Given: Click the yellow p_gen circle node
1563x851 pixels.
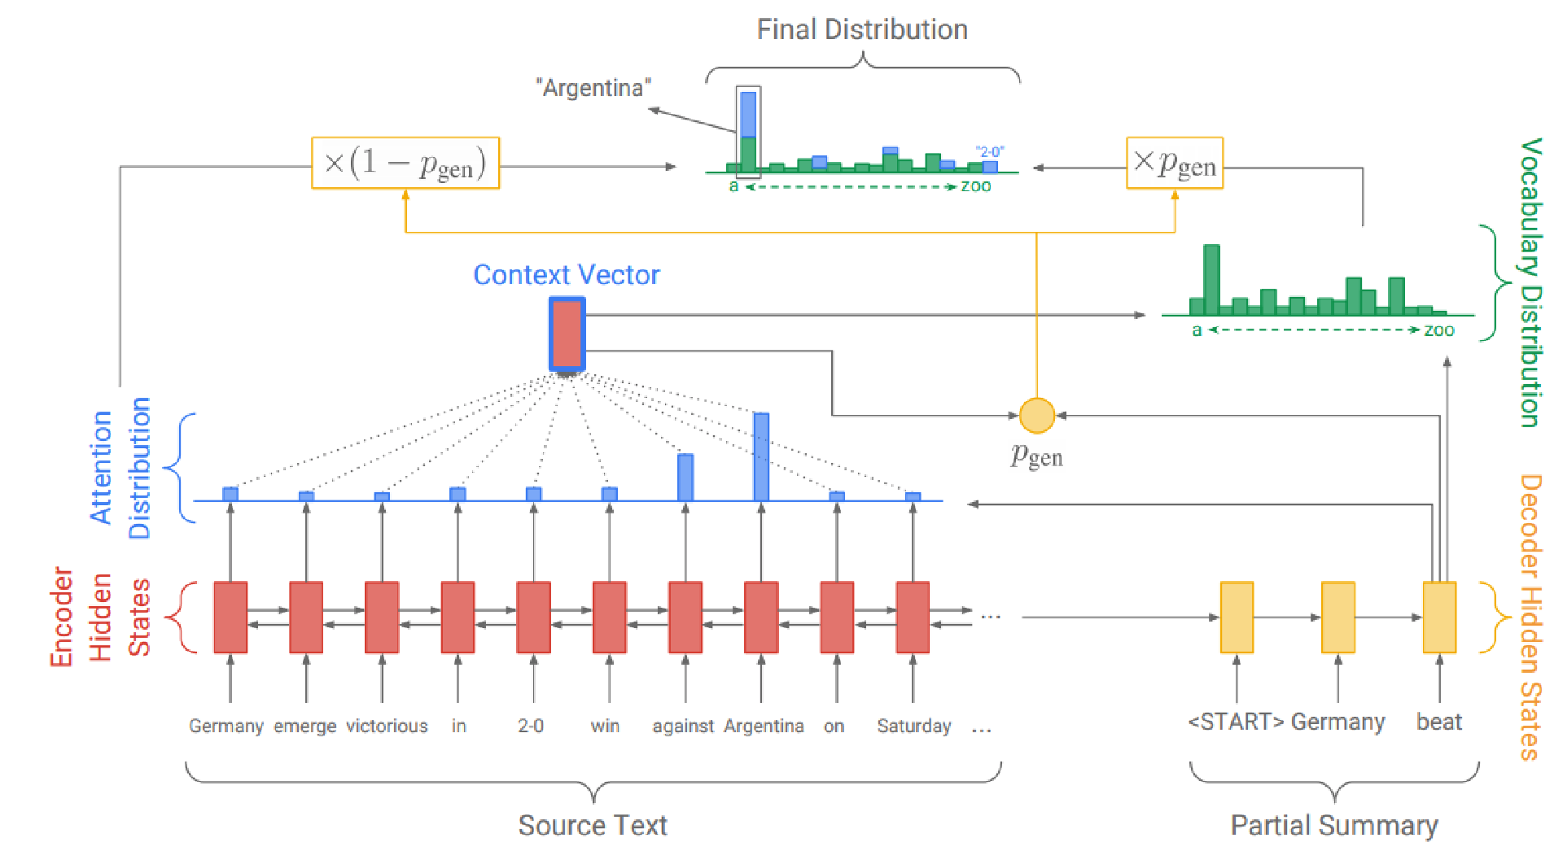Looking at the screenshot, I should click(x=1036, y=415).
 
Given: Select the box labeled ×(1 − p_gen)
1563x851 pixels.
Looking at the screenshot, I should click(x=405, y=163).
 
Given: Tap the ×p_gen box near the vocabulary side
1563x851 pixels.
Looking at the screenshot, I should click(x=1174, y=164).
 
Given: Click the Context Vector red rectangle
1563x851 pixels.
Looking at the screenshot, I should click(x=567, y=334).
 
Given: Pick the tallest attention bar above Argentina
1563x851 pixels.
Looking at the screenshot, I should click(x=761, y=456).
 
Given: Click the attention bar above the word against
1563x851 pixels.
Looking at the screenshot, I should click(x=685, y=477).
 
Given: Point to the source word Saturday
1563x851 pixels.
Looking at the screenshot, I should click(x=913, y=726).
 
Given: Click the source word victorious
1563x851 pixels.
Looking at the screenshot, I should click(x=387, y=726).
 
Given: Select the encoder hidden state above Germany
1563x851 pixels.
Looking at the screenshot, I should click(x=230, y=617).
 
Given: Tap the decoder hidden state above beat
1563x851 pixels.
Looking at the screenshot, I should click(x=1438, y=617).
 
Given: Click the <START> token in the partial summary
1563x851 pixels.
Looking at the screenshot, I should click(x=1235, y=722).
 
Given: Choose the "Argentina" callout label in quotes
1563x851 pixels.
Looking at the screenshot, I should click(x=593, y=88).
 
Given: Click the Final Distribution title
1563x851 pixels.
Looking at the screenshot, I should click(x=862, y=30).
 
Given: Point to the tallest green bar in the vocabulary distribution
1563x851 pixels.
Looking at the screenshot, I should click(x=1211, y=279).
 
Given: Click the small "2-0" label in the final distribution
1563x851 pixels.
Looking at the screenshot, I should click(x=990, y=151).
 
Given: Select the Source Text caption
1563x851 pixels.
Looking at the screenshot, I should click(x=593, y=825).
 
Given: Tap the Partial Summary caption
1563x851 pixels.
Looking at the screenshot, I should click(x=1333, y=825).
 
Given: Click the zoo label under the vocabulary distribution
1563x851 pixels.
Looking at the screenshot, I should click(x=1438, y=330).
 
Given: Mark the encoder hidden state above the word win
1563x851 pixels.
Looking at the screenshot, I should click(x=610, y=617).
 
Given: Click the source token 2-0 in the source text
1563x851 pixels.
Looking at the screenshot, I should click(x=531, y=726).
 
